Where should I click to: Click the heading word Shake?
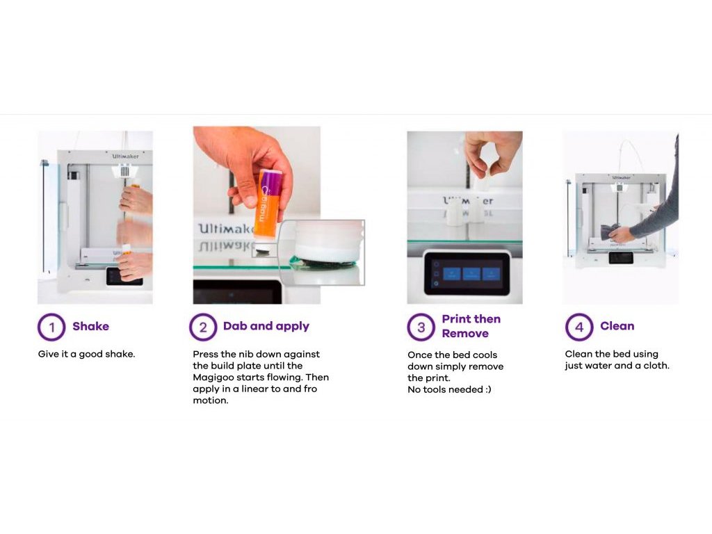click(91, 327)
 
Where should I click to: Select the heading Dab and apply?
click(266, 327)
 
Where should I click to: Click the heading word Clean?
click(617, 326)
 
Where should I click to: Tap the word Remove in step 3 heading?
click(465, 334)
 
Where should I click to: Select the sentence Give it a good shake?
click(87, 354)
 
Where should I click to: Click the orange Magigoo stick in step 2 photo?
click(268, 204)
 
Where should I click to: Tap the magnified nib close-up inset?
click(322, 252)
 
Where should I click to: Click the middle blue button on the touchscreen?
click(471, 274)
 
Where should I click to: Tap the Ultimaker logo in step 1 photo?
click(126, 156)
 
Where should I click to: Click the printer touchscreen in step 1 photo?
click(124, 276)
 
